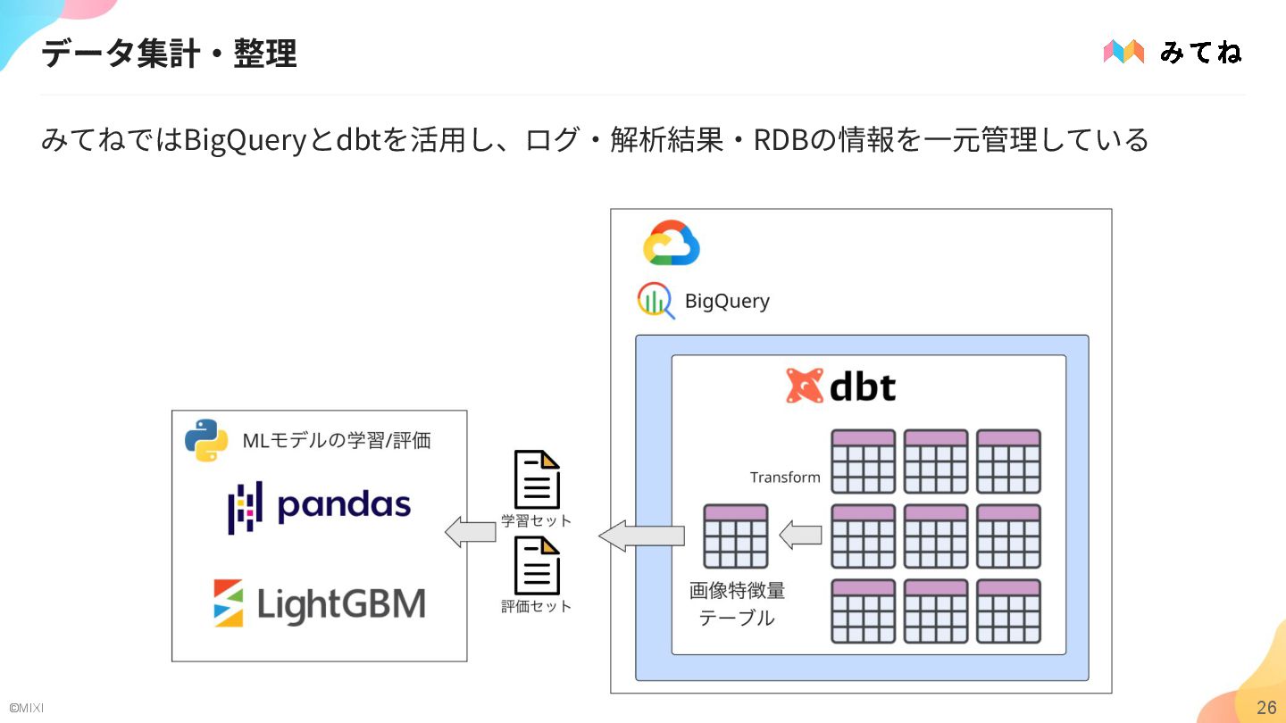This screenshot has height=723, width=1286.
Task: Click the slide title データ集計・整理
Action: click(169, 54)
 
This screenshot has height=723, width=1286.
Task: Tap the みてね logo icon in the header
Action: click(1123, 52)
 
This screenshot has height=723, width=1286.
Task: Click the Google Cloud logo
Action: click(671, 243)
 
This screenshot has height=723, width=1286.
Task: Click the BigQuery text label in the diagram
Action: click(727, 301)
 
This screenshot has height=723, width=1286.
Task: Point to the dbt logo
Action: click(840, 386)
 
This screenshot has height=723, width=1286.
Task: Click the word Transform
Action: click(785, 478)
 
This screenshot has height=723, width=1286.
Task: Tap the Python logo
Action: click(205, 440)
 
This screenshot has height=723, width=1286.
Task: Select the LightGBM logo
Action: click(319, 604)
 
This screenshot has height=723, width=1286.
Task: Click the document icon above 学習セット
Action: click(536, 479)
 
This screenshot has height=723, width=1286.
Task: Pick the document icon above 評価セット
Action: click(536, 565)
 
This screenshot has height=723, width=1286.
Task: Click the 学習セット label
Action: click(536, 520)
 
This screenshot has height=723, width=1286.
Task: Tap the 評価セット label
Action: click(536, 607)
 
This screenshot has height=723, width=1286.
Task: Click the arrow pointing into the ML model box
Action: click(471, 533)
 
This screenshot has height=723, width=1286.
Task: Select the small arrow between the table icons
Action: click(800, 536)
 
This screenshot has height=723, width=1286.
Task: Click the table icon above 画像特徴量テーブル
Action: click(735, 536)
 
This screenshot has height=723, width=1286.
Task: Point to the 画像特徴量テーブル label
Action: click(737, 604)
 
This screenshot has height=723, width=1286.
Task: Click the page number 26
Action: click(1266, 708)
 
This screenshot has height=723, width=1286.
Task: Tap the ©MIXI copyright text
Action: click(26, 709)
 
